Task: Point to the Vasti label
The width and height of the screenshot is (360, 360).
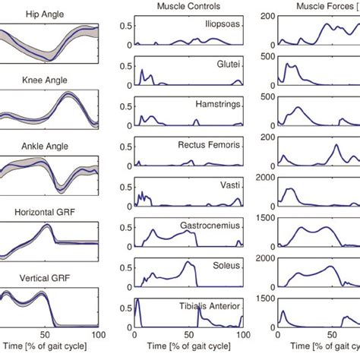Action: [231, 185]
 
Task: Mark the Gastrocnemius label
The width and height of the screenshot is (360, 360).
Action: [212, 226]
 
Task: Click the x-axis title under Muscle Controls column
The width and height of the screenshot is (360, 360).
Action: [188, 348]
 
